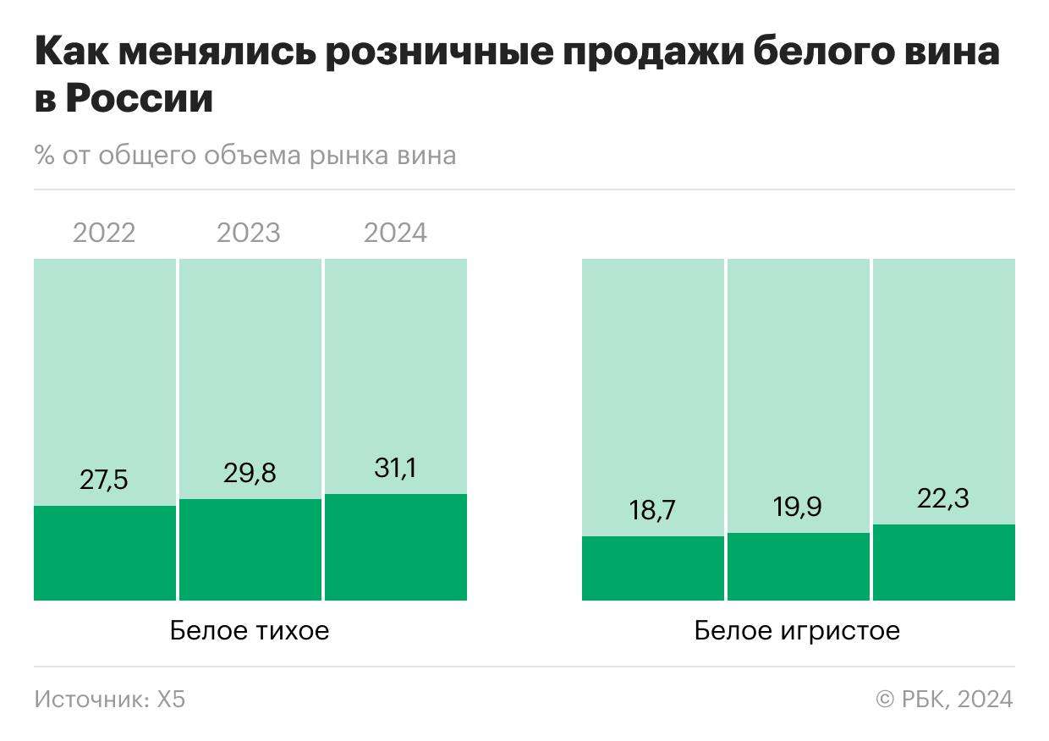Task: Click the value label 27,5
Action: (104, 480)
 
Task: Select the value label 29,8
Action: (250, 473)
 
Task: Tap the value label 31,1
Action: (395, 468)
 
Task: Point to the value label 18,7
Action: (652, 510)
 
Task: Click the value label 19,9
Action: (798, 507)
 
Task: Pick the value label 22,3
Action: (943, 498)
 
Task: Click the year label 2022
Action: (104, 233)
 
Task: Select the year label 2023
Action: (249, 233)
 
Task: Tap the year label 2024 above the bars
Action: (395, 233)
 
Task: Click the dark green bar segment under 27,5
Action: (104, 553)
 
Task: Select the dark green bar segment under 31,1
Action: (395, 547)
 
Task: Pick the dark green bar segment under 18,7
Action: (652, 568)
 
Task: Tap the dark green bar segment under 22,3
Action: (943, 563)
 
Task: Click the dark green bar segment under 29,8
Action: (250, 550)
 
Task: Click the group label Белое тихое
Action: (250, 631)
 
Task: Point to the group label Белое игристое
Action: (797, 631)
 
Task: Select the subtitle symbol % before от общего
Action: (44, 156)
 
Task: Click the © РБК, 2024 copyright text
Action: (944, 699)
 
